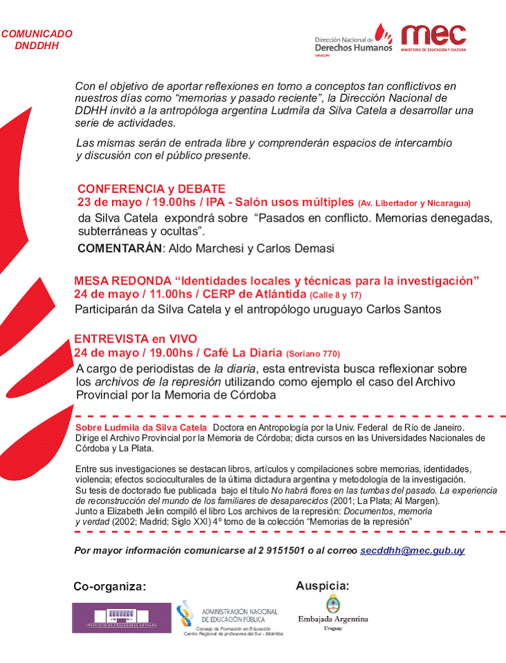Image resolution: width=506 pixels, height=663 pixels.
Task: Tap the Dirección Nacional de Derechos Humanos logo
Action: [x=353, y=42]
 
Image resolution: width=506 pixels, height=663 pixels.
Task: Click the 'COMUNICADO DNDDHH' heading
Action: [x=36, y=39]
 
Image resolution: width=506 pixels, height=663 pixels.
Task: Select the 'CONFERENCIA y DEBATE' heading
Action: [x=152, y=189]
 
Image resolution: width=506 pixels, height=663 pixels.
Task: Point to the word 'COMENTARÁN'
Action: [x=119, y=248]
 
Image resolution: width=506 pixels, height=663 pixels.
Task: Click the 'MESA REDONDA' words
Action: [x=122, y=281]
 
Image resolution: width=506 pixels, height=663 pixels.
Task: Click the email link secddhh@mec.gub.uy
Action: [x=412, y=551]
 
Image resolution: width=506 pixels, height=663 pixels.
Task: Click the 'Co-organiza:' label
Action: [x=109, y=587]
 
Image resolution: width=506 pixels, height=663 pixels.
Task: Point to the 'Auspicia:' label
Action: [x=322, y=586]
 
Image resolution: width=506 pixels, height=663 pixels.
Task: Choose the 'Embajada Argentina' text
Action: [x=333, y=619]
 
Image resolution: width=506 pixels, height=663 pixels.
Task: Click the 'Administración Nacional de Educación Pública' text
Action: [x=239, y=615]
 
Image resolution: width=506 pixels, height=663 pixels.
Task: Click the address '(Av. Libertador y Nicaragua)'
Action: [x=414, y=203]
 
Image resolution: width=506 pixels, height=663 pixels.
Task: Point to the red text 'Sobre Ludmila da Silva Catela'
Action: [x=141, y=428]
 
